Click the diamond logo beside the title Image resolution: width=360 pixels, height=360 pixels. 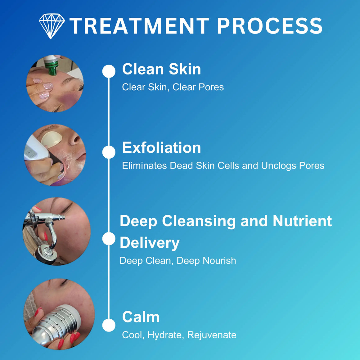52,26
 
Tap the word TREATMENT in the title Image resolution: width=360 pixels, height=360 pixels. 139,26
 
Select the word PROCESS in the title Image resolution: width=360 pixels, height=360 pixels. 270,26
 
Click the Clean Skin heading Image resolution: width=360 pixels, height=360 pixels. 161,69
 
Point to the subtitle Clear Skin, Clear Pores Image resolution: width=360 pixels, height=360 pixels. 173,87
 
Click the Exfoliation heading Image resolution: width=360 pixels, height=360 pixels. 161,147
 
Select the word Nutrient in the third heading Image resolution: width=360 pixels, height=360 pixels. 302,221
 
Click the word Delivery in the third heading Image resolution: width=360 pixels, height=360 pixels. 150,243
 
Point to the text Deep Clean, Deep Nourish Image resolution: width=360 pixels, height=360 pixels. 178,261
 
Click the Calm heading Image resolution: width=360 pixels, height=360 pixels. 141,317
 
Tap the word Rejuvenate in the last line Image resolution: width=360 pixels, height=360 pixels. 212,335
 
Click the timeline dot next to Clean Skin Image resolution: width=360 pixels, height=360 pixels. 109,71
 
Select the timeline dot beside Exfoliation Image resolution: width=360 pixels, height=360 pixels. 109,152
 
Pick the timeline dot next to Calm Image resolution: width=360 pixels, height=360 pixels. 109,325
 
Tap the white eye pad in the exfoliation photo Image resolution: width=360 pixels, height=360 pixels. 51,139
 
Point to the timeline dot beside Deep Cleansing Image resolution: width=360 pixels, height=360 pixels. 109,239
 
